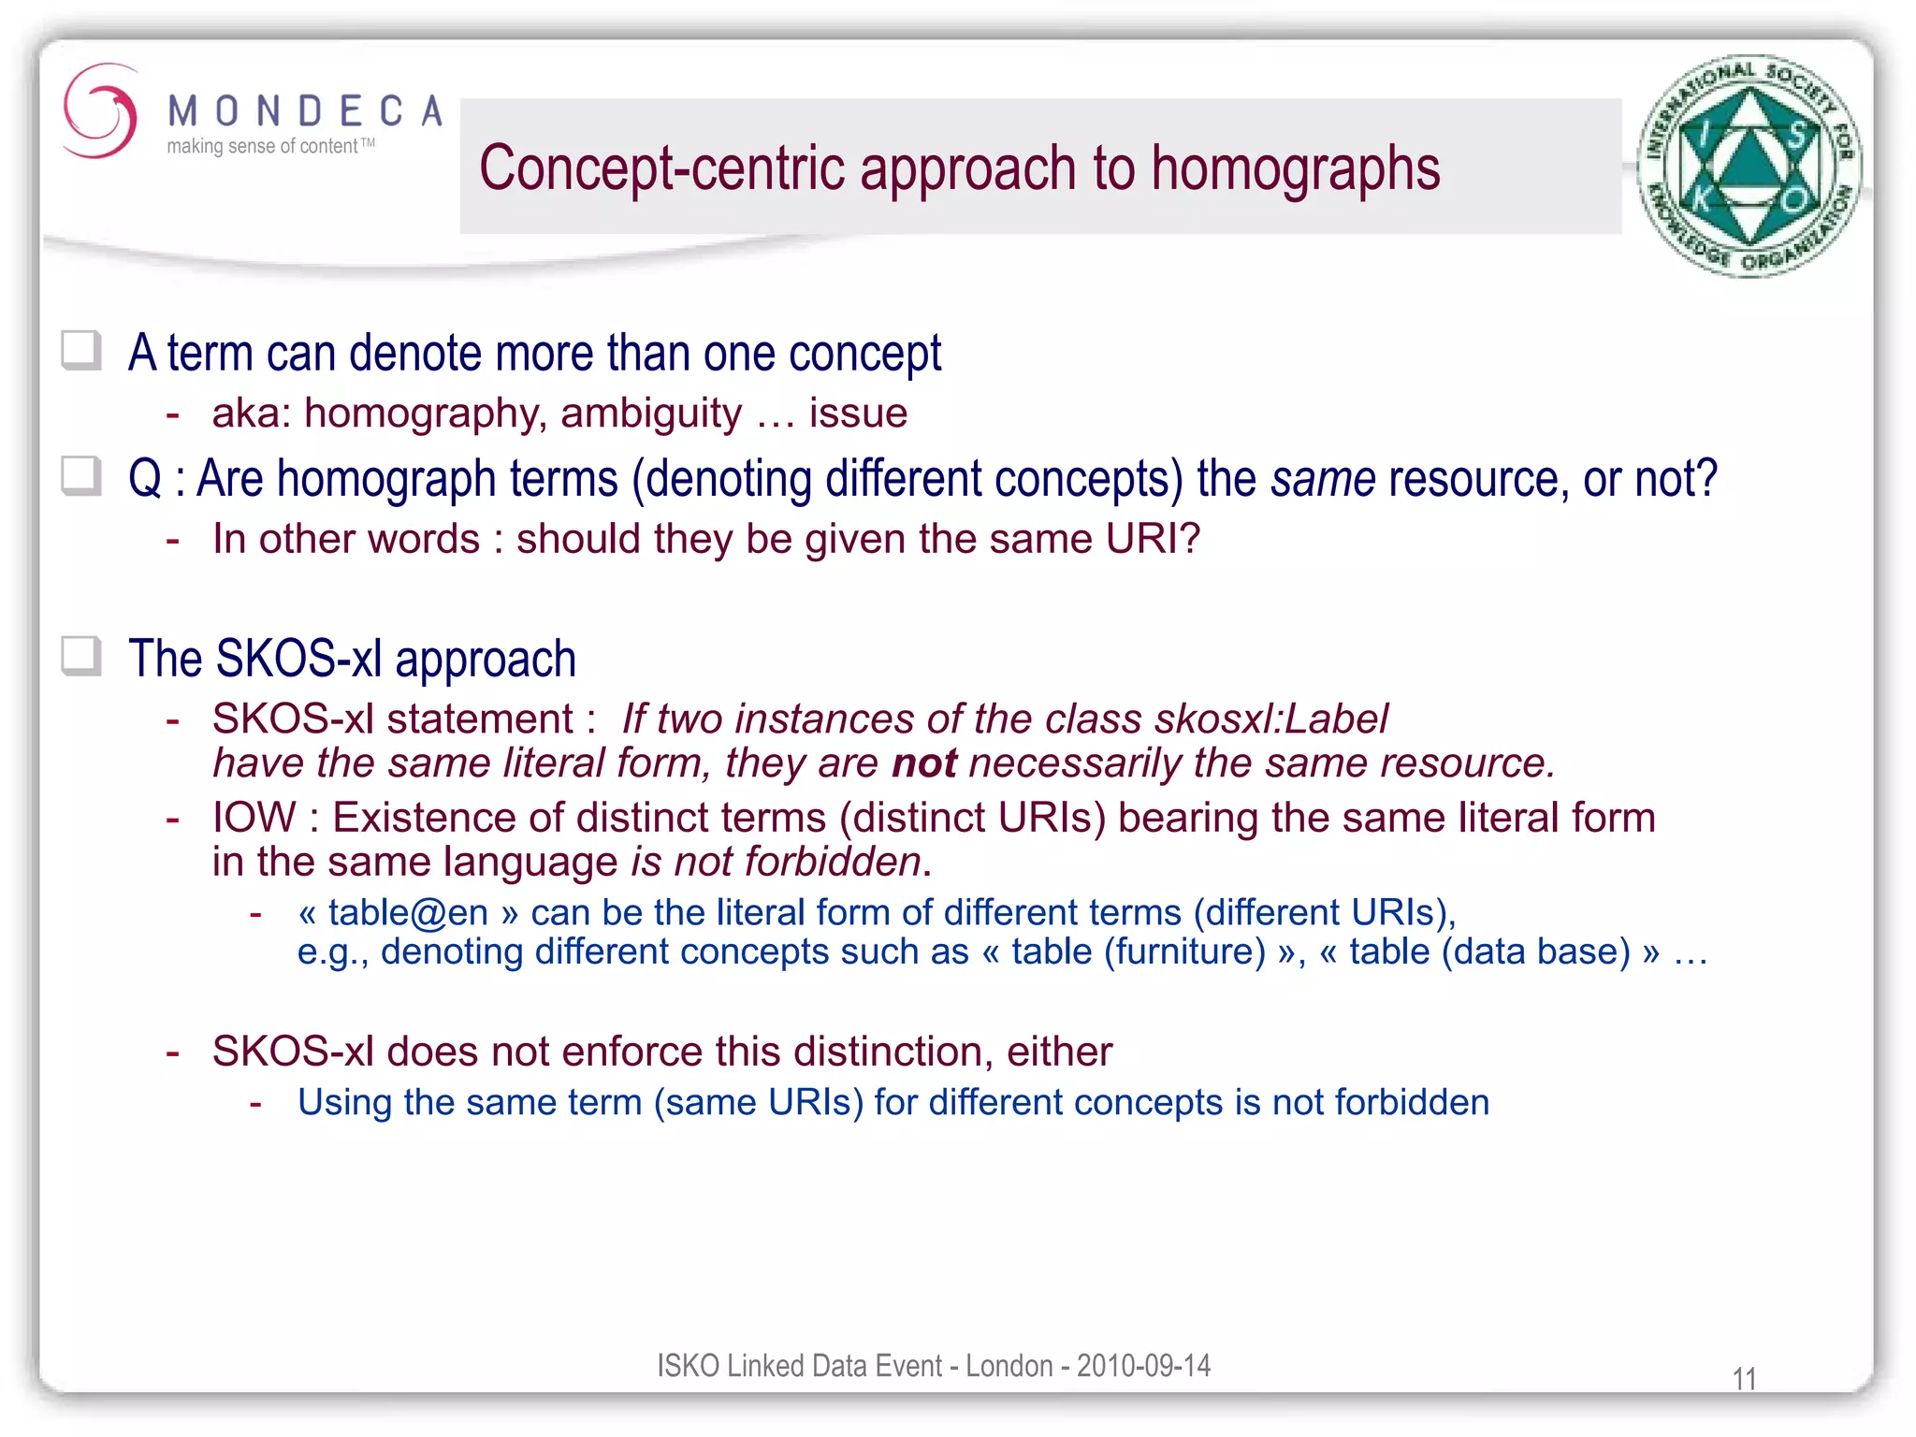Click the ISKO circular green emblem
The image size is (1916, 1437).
(1749, 166)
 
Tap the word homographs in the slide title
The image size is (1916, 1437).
(1295, 169)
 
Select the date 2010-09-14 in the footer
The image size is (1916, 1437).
(1143, 1366)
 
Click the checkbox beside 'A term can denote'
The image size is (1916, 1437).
(81, 351)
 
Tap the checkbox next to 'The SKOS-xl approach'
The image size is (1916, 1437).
(81, 656)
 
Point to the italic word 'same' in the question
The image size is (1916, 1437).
(1323, 480)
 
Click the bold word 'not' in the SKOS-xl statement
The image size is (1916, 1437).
(923, 763)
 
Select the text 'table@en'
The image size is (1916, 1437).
(408, 912)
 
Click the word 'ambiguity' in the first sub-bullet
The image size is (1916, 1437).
(651, 414)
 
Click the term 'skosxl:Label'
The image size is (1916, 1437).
(1271, 719)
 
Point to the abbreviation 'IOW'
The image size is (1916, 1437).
(254, 818)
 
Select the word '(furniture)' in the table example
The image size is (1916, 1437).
(1185, 951)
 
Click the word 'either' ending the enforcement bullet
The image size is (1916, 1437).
(1059, 1052)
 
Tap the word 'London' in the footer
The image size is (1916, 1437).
(1009, 1366)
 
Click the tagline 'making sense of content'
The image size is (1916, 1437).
(262, 147)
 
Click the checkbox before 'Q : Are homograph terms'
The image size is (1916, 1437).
(81, 475)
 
